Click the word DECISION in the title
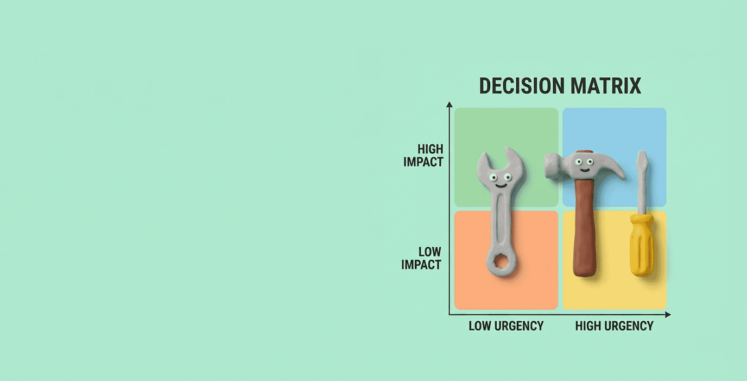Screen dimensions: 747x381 coord(520,86)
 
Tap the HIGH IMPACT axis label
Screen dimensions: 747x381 coord(423,155)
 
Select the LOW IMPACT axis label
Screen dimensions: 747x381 coord(421,258)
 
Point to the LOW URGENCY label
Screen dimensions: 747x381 coord(506,326)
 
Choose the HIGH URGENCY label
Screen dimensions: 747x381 coord(614,326)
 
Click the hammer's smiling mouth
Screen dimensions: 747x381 coord(584,169)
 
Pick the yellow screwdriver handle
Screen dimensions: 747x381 coord(641,245)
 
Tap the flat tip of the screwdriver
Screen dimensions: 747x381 coord(642,154)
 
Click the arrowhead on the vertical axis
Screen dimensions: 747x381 coord(449,104)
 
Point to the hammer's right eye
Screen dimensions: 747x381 coord(589,161)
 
